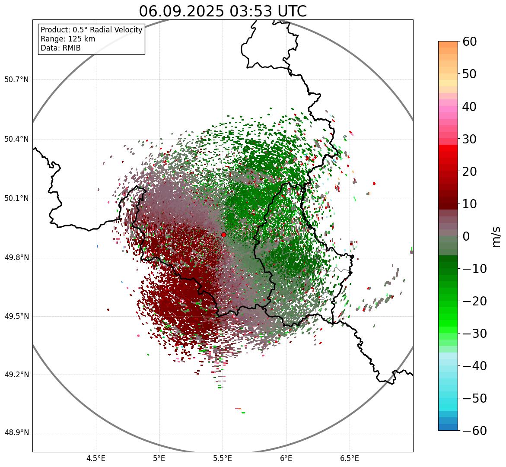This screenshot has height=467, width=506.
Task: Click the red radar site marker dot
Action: tap(223, 235)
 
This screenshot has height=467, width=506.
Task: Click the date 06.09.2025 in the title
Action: tap(181, 11)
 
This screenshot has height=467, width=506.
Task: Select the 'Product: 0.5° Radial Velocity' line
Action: tap(91, 30)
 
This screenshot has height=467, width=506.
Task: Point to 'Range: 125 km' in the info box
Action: tap(68, 39)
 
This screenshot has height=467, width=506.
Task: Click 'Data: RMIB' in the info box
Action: tap(60, 48)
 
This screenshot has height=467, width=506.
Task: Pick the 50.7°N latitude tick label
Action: tap(16, 80)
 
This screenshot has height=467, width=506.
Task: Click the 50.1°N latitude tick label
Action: tap(16, 199)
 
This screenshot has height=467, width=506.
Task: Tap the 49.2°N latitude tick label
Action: tap(16, 375)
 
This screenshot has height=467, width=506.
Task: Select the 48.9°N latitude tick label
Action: tap(16, 433)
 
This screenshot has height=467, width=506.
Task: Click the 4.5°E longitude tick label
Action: tap(96, 458)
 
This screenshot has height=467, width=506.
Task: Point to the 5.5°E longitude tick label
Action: tap(223, 458)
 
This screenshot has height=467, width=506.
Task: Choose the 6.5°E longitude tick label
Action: tap(349, 458)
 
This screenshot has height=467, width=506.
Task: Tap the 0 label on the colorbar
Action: tap(466, 236)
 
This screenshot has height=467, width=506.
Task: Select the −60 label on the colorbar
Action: tap(474, 431)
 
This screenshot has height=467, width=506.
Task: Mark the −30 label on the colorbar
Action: tap(474, 334)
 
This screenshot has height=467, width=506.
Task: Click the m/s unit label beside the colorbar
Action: tap(496, 236)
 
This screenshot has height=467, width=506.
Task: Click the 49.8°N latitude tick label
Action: tap(16, 258)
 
